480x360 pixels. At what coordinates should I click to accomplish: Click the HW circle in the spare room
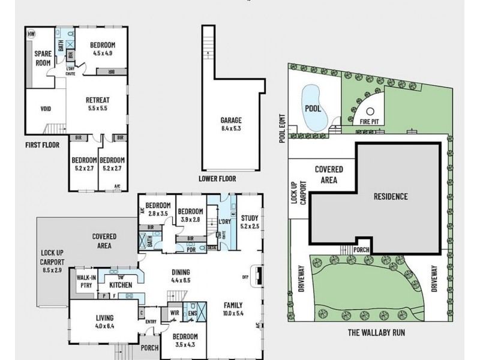(31, 34)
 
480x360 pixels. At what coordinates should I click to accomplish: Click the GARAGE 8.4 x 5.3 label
(231, 124)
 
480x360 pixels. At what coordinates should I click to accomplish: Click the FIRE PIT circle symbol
(371, 111)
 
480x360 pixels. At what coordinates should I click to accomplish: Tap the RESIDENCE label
(391, 196)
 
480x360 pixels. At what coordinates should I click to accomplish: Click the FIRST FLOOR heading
(41, 145)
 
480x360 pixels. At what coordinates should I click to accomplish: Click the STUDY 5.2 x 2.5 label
(250, 221)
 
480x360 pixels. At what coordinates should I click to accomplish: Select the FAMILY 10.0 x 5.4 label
(233, 308)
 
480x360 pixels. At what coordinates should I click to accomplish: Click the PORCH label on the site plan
(361, 251)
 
